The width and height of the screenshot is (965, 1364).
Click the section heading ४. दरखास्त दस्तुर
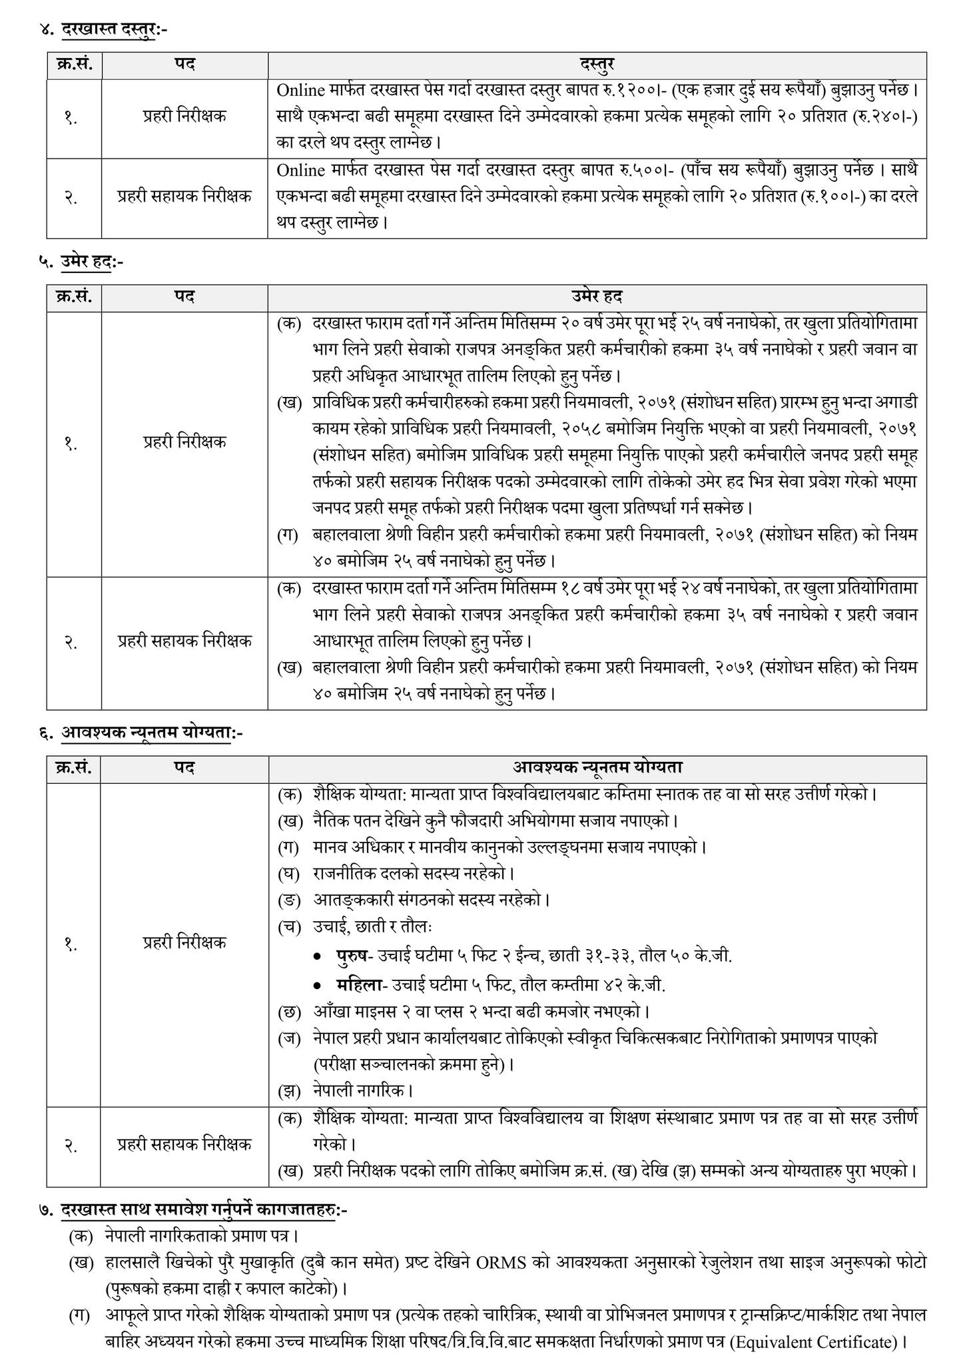(107, 29)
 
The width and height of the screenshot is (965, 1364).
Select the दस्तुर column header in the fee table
(597, 65)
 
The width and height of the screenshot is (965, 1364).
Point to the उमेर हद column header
(597, 296)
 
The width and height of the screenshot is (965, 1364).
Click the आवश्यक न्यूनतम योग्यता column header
(597, 768)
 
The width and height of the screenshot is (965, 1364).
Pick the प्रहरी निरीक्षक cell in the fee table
(184, 117)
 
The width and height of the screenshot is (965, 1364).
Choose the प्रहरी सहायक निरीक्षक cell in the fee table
(184, 196)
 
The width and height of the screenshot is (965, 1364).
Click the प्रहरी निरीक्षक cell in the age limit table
(184, 442)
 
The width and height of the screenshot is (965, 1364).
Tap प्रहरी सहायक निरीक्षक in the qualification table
(184, 1145)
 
